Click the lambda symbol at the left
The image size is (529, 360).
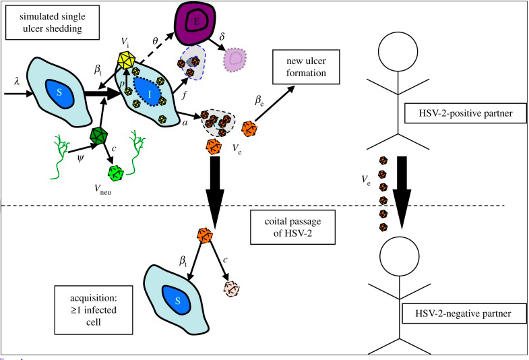[x=18, y=80]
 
